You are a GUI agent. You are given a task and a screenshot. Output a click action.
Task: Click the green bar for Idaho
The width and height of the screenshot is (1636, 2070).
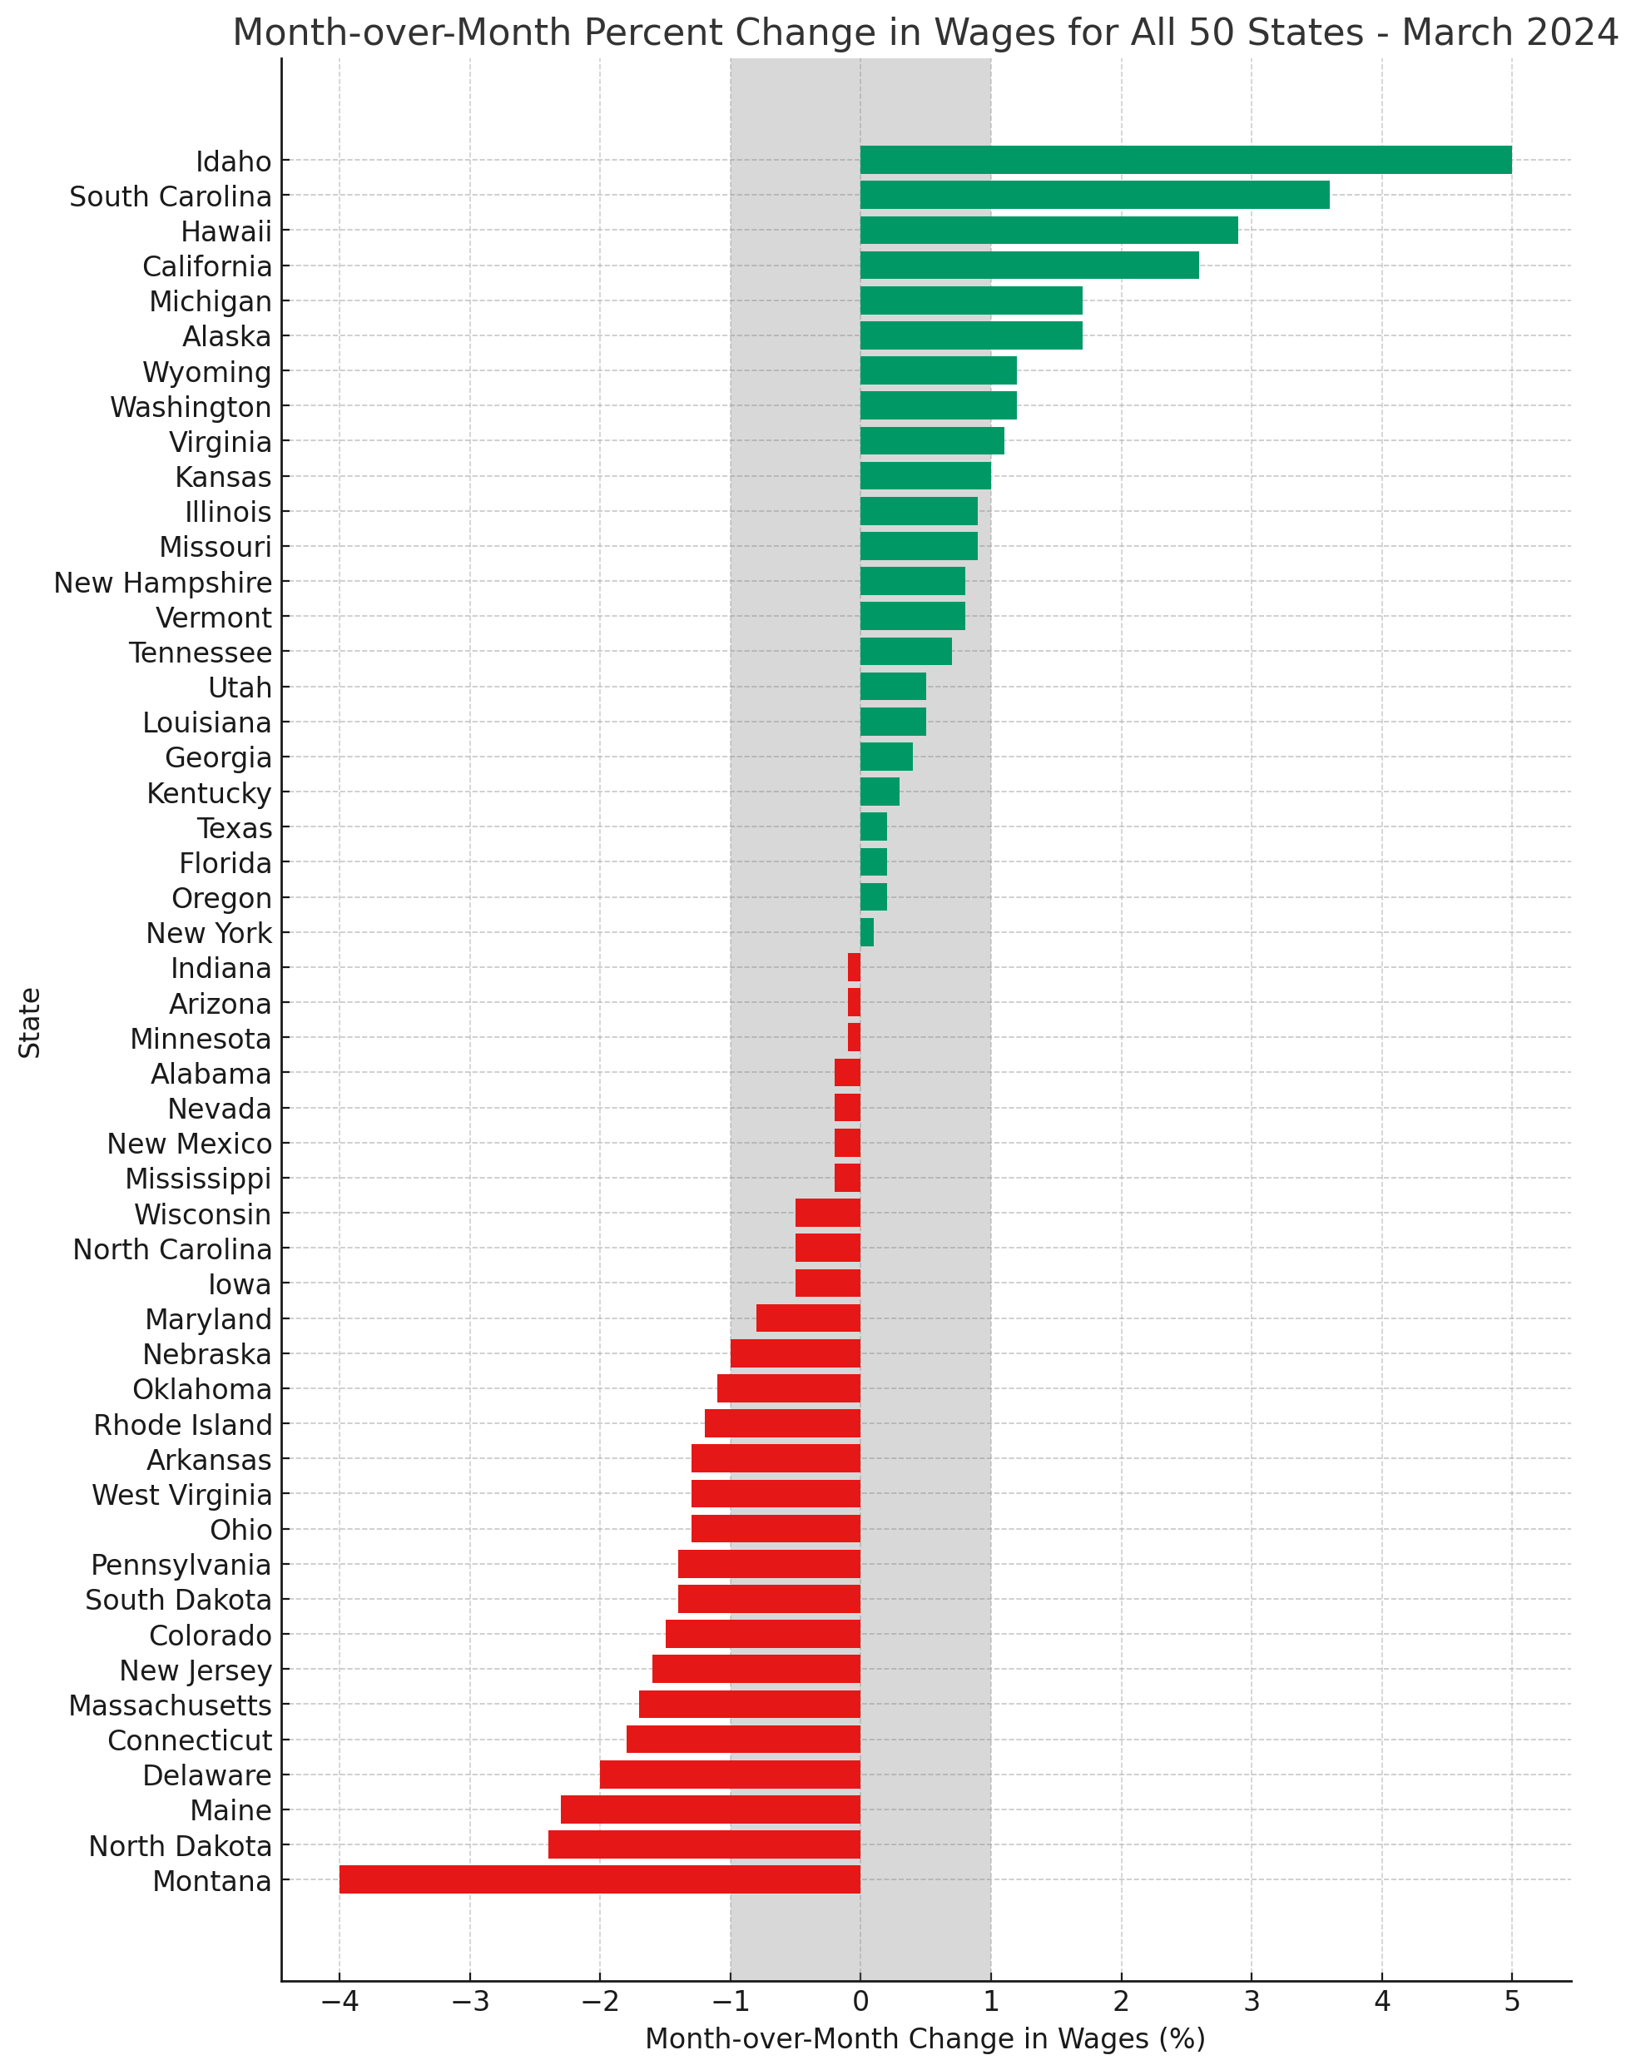1185,160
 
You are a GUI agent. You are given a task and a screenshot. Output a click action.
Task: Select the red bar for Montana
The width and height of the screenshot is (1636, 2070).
600,1879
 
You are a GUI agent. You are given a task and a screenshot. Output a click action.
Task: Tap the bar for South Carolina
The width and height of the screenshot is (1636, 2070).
1094,196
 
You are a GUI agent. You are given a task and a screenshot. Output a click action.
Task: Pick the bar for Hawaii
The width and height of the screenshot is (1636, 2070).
1048,231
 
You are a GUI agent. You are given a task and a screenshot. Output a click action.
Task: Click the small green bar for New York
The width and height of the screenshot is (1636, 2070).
867,932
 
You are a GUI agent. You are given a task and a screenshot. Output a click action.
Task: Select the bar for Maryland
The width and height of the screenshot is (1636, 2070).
808,1318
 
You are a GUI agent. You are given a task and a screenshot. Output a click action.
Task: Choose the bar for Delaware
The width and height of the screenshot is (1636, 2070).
730,1774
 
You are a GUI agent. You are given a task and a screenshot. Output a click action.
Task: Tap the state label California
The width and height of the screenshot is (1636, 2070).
207,266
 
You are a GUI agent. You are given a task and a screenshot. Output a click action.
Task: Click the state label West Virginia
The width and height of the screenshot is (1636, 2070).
182,1494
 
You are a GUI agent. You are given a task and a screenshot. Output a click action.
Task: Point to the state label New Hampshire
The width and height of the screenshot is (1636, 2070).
163,583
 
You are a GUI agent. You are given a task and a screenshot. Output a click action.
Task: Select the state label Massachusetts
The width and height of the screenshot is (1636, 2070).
171,1705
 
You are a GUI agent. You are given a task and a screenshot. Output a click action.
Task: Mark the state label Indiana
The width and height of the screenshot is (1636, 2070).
221,969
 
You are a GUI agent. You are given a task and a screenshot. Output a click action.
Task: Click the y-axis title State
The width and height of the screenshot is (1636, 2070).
31,1022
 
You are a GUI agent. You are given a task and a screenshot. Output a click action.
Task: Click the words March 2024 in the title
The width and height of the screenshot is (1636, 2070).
1510,32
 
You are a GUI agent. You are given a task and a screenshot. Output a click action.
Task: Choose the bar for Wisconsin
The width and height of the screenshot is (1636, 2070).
828,1213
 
